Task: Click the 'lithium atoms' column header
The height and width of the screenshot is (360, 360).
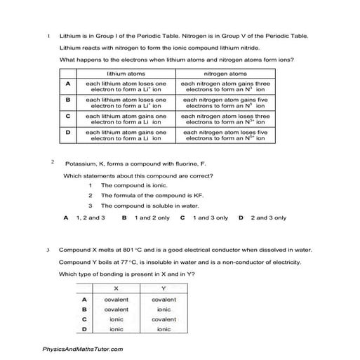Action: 126,73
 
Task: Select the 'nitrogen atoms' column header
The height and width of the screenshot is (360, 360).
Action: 225,73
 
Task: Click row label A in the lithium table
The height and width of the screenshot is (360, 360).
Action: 68,86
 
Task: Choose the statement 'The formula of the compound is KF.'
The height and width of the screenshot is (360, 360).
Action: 143,196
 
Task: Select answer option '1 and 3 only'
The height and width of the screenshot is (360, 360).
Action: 211,218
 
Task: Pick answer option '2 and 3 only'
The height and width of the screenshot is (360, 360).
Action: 268,218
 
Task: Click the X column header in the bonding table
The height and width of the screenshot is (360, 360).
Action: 116,288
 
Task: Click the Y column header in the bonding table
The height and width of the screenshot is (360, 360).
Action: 164,288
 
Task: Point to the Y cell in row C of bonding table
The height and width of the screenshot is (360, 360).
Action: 164,319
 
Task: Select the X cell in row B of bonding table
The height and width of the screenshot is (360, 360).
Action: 116,309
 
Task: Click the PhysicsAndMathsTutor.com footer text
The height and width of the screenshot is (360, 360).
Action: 83,349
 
